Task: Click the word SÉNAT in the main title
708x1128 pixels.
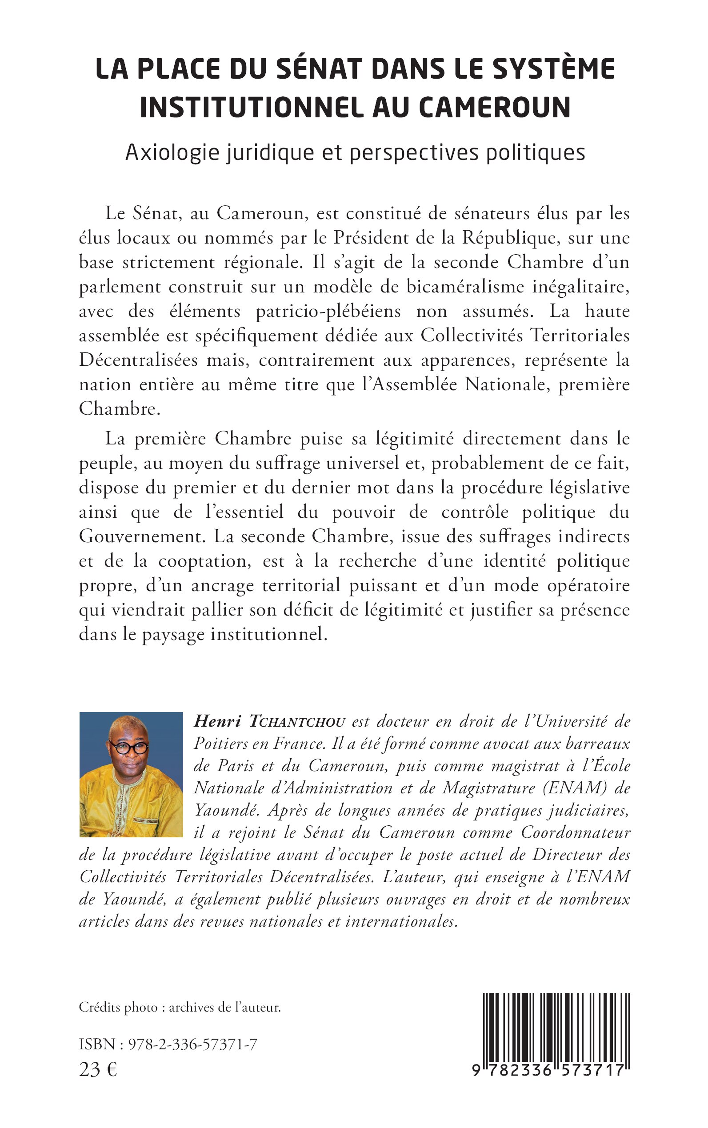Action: coord(319,69)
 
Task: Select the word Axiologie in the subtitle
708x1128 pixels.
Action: coord(172,152)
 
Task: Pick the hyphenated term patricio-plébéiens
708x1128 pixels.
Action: coord(328,312)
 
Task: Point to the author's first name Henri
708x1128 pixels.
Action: coord(218,722)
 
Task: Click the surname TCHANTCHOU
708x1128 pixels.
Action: coord(297,722)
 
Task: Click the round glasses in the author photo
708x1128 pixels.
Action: coord(129,747)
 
